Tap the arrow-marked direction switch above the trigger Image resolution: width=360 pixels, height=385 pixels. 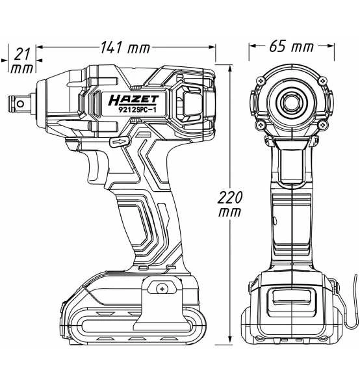click(119, 141)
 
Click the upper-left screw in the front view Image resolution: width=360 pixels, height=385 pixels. click(260, 80)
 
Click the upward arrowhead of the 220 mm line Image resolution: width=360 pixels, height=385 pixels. click(231, 67)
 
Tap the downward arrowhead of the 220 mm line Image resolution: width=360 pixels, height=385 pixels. click(231, 340)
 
